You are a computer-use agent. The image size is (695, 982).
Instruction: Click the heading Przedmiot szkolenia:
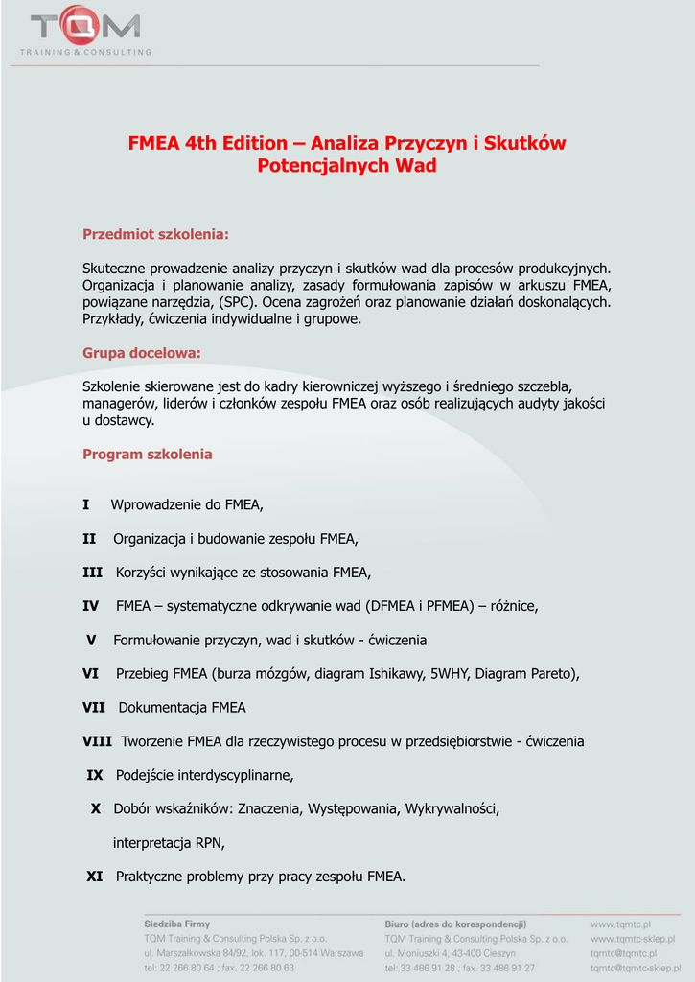click(x=155, y=234)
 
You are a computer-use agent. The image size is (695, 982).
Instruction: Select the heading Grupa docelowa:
click(x=142, y=353)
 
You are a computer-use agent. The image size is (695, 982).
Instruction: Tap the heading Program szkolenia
click(x=148, y=454)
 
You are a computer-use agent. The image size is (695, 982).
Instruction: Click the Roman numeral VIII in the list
click(x=97, y=741)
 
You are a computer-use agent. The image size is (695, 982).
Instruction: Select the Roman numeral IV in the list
click(x=91, y=606)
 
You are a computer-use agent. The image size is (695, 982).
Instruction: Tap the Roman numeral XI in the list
click(x=95, y=876)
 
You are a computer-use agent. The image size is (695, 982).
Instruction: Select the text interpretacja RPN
click(x=169, y=843)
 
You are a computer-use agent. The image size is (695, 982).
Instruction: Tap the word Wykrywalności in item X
click(x=452, y=809)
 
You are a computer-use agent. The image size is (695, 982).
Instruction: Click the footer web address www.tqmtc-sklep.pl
click(x=633, y=939)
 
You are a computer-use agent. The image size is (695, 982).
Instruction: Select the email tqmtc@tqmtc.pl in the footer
click(x=623, y=953)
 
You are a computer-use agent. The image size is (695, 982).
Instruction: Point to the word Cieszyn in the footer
click(x=498, y=953)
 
